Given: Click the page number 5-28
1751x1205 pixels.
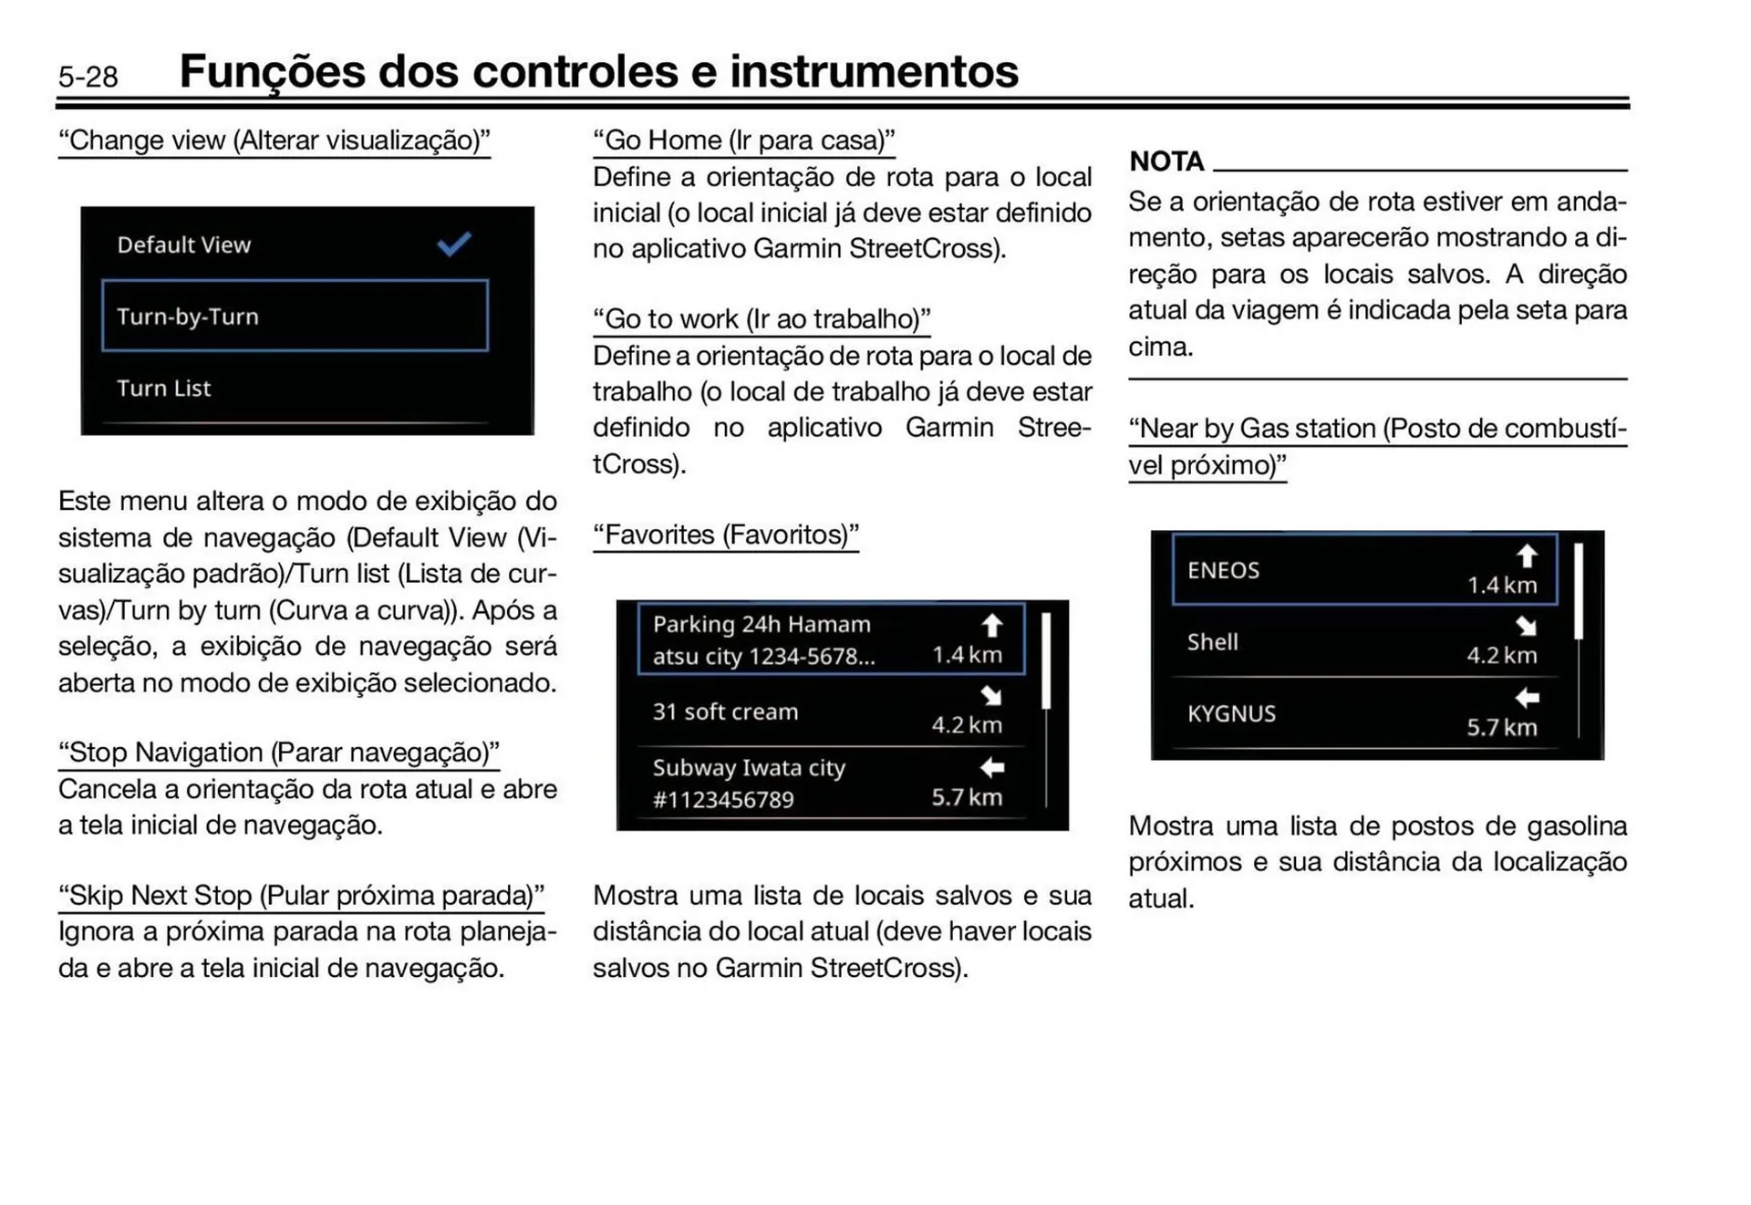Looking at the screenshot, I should coord(88,77).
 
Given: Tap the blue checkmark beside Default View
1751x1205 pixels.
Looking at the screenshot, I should coord(453,244).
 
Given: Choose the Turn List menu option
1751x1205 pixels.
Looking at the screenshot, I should coord(164,388).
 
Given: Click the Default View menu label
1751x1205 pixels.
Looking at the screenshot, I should coord(183,244).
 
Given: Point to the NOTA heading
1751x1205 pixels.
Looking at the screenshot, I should coord(1166,161).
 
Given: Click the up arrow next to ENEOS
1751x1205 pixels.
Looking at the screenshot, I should coord(1527,556).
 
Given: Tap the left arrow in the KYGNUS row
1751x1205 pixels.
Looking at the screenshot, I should coord(1527,699).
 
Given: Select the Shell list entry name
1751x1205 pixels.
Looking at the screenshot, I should coord(1213,642).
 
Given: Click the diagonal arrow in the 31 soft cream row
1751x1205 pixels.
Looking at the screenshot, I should coord(991,696).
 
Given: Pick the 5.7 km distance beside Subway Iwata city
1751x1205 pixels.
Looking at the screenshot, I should coord(967,797).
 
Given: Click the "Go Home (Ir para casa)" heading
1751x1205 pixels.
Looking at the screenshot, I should coord(743,140).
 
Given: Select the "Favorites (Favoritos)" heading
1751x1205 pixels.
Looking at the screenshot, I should coord(726,535).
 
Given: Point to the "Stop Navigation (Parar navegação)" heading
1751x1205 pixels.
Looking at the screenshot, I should coord(279,753).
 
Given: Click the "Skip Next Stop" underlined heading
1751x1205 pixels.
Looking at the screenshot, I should coord(301,895).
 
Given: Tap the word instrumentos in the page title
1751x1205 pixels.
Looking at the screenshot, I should coord(874,71).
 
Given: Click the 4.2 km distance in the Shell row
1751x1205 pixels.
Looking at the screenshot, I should coord(1501,655).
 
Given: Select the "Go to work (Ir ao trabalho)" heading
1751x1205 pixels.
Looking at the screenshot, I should coord(762,318).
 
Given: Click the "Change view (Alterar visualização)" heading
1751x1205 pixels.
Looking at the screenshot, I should coord(274,140).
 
